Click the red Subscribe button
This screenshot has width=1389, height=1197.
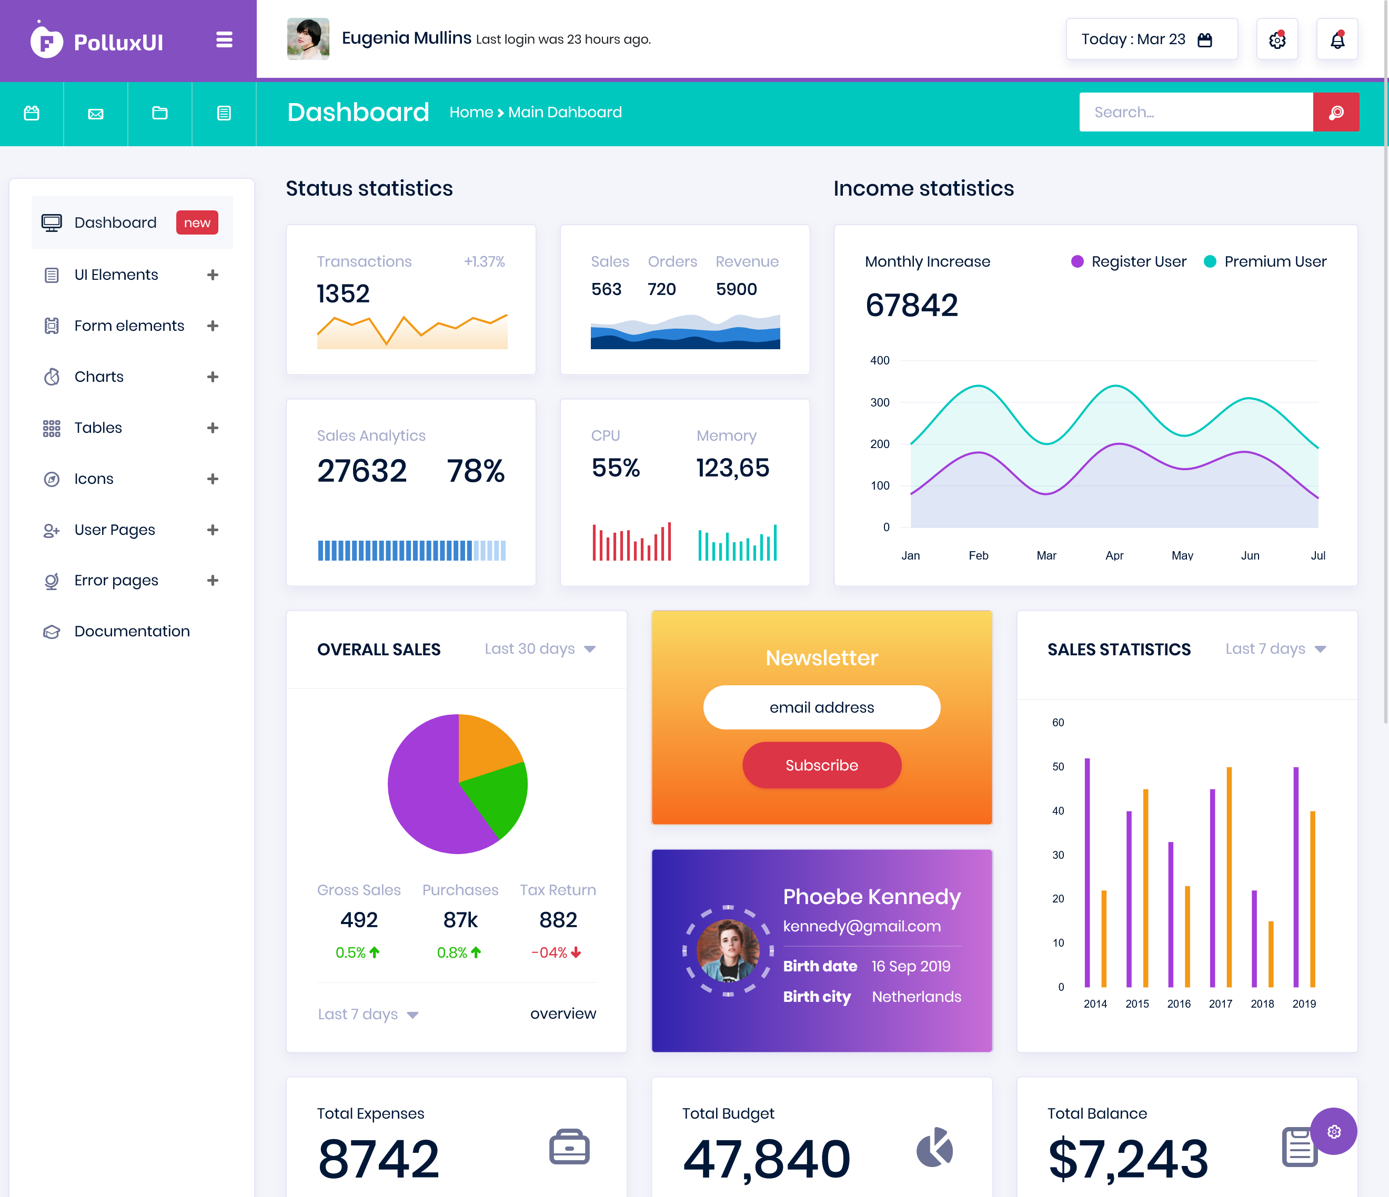(x=821, y=765)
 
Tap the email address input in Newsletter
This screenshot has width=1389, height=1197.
(x=821, y=707)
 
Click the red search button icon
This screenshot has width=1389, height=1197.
(x=1335, y=112)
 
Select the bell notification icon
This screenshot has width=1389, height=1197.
(x=1337, y=39)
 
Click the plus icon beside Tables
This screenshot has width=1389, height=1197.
(x=213, y=428)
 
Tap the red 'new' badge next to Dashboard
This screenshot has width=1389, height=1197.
(x=197, y=222)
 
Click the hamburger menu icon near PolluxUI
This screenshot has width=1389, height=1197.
(x=224, y=40)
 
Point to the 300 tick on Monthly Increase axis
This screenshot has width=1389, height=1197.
(x=880, y=402)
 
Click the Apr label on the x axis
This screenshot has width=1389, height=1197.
(x=1114, y=555)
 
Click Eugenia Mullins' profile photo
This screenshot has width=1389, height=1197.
(x=308, y=39)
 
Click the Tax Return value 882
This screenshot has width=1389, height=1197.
(x=558, y=919)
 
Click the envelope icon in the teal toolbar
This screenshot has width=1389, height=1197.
(x=96, y=114)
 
